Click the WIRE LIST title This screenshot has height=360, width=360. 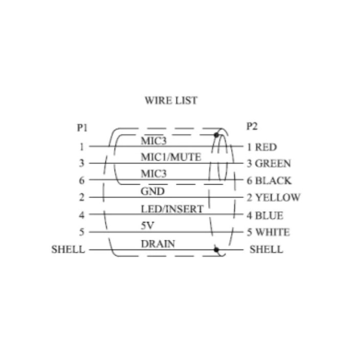pos(171,101)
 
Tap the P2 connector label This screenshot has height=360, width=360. pos(252,126)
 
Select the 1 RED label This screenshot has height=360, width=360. pos(262,147)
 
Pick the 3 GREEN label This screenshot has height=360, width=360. pos(268,164)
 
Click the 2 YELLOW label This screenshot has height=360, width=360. pos(274,197)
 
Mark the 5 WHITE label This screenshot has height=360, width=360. pos(268,233)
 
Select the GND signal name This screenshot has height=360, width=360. pos(152,192)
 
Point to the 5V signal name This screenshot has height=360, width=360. pos(146,226)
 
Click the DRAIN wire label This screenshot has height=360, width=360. pos(158,244)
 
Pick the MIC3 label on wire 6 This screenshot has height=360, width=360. pos(154,174)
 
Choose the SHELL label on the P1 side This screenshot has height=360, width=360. pos(68,250)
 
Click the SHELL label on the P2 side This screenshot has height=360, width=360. pos(266,250)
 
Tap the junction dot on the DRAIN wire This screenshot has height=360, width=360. pos(217,250)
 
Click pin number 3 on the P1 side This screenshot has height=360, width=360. pos(82,164)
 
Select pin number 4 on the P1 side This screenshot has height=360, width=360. pos(82,215)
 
